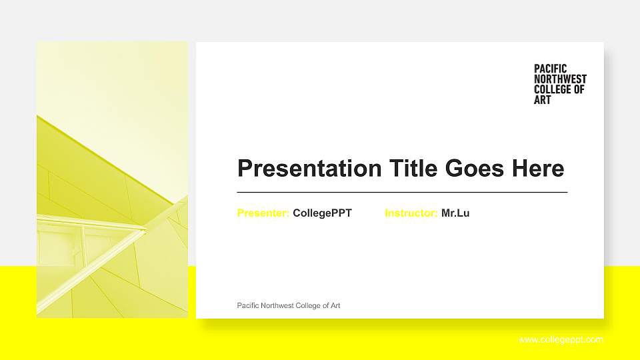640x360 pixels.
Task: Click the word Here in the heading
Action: click(x=538, y=169)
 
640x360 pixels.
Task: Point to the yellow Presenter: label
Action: click(x=263, y=213)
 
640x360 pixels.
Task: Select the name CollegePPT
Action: click(x=322, y=213)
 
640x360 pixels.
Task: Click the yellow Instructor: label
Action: click(x=411, y=213)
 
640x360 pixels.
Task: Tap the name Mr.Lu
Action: click(x=455, y=213)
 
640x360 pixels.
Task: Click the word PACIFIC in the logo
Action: click(x=551, y=69)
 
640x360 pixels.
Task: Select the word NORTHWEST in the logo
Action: click(x=560, y=79)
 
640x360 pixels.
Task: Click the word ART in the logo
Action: click(x=543, y=100)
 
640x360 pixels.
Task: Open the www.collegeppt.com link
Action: click(x=561, y=340)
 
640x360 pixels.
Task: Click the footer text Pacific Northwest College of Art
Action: click(x=289, y=305)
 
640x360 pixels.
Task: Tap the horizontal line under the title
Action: click(x=402, y=192)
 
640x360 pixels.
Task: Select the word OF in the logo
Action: click(x=579, y=89)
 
